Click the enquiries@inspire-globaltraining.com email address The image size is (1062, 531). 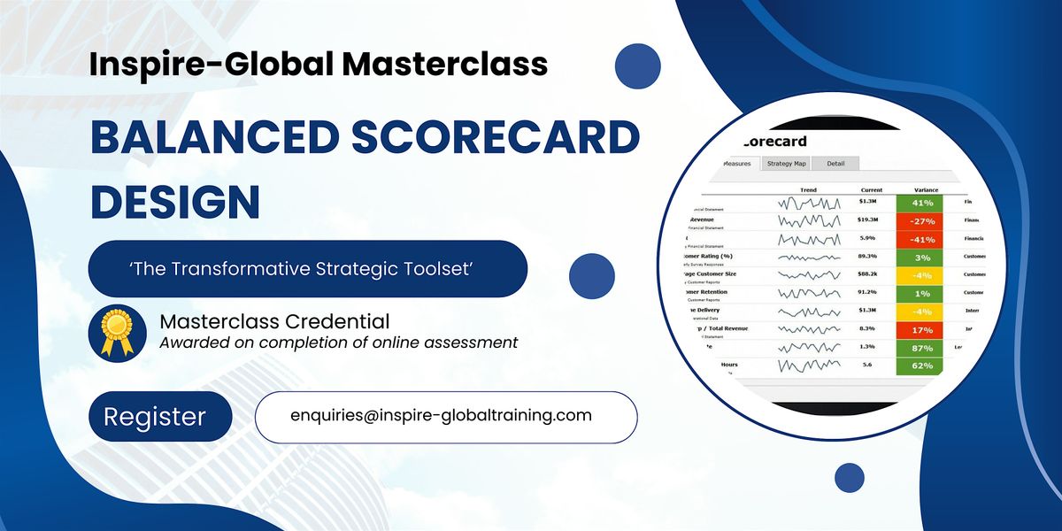click(441, 415)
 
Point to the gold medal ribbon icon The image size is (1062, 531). click(118, 330)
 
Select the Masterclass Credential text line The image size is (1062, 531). click(274, 320)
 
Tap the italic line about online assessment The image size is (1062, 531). click(339, 342)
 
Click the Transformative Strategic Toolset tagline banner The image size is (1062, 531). click(307, 268)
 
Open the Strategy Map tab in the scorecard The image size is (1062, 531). click(786, 164)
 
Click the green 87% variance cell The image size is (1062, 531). click(920, 347)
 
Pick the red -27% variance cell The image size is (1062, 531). click(920, 220)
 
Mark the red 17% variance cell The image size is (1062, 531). click(920, 329)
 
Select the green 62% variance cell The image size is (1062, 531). click(920, 365)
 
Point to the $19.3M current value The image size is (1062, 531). click(867, 220)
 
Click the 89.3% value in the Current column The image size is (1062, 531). click(867, 257)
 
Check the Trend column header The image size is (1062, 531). click(808, 189)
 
